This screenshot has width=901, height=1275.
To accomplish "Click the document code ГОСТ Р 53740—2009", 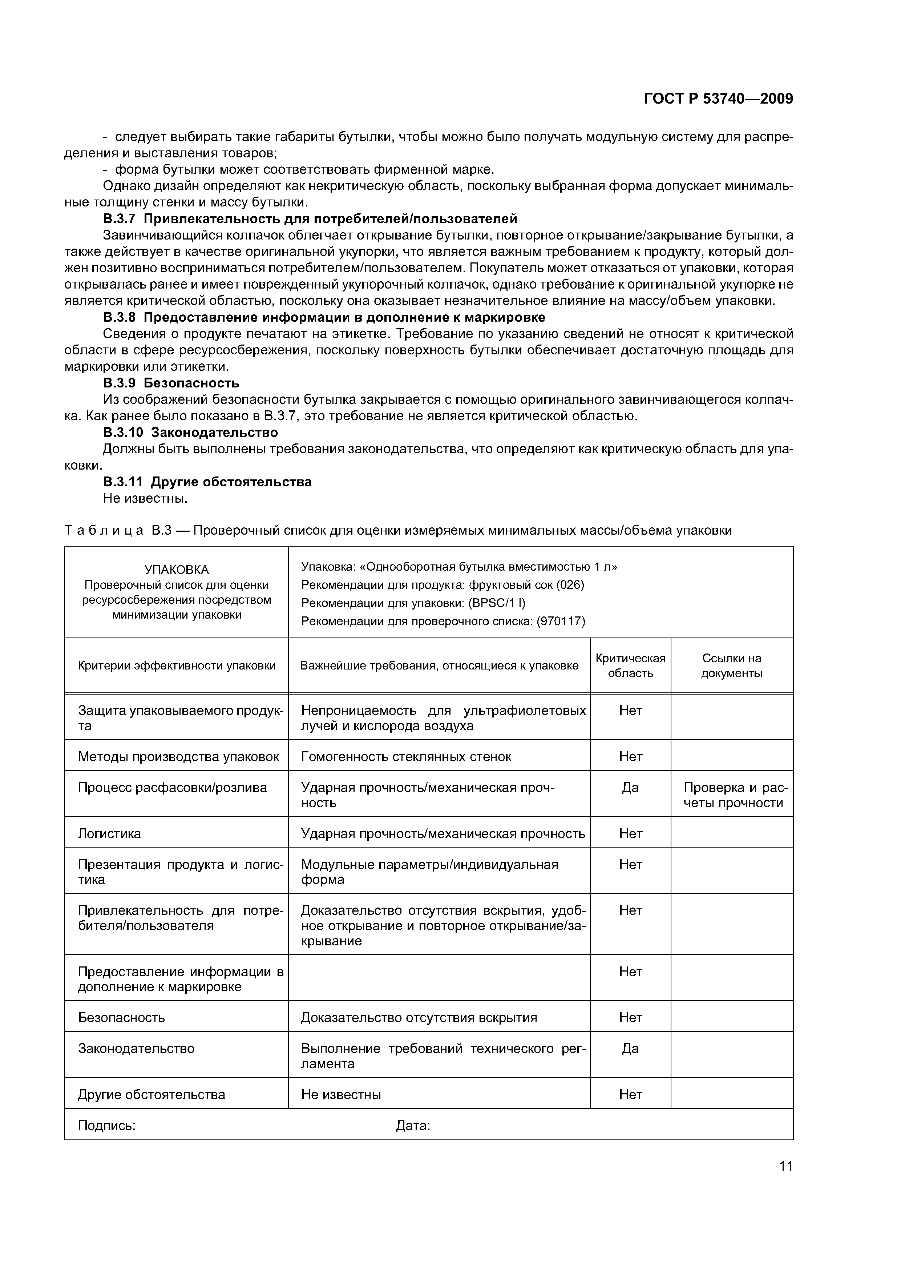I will (x=718, y=99).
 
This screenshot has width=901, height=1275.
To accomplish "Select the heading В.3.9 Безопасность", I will (x=171, y=383).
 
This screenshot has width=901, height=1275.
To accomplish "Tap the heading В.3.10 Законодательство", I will (x=190, y=432).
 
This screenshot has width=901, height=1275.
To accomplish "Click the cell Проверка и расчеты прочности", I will (x=735, y=795).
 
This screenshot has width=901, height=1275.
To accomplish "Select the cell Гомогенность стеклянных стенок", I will (x=406, y=757).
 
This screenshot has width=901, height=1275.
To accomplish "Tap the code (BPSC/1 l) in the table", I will (x=497, y=603).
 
